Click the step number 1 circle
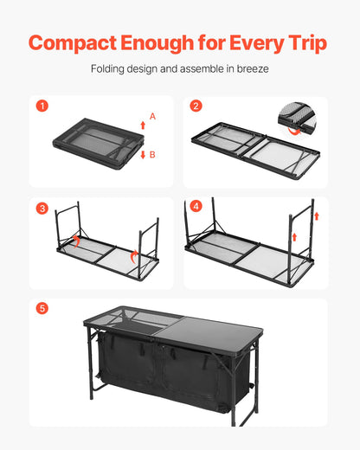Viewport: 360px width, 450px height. tap(42, 107)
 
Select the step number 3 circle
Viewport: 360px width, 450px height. tap(42, 209)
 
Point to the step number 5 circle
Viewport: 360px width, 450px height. tap(42, 309)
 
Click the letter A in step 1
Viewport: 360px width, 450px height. tap(153, 116)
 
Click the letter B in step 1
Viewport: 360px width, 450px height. tap(153, 156)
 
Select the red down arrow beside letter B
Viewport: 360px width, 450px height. tap(142, 153)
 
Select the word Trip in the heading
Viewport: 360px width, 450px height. tap(301, 44)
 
